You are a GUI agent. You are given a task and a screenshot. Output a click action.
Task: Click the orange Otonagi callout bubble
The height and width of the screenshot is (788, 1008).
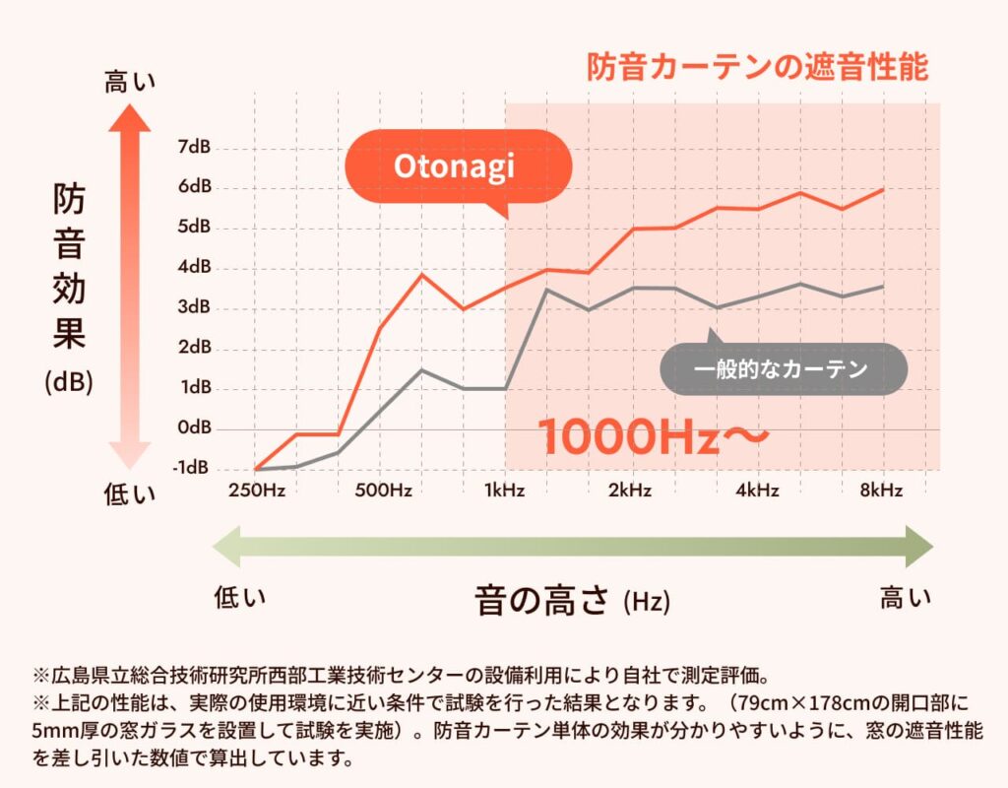pyautogui.click(x=455, y=166)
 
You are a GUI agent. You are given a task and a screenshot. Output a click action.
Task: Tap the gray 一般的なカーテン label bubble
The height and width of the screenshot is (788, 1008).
pyautogui.click(x=781, y=370)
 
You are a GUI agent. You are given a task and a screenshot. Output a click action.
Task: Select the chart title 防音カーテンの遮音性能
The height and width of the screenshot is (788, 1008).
pyautogui.click(x=757, y=67)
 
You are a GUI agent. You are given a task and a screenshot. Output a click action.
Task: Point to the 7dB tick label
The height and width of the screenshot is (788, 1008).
pyautogui.click(x=194, y=148)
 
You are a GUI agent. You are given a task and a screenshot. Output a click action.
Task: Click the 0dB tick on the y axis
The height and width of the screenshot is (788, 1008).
pyautogui.click(x=194, y=427)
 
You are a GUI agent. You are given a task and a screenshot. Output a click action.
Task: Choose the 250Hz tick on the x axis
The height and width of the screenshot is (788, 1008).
pyautogui.click(x=256, y=491)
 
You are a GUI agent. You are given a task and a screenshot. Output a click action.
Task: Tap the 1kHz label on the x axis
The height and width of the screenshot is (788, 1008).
pyautogui.click(x=505, y=491)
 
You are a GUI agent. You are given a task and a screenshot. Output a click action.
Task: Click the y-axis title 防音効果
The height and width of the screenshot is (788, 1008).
pyautogui.click(x=69, y=266)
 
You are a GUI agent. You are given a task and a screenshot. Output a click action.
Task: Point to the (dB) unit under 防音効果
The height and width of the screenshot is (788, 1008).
pyautogui.click(x=69, y=382)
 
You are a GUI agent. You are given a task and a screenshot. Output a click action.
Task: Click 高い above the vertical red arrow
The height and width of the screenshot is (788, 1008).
pyautogui.click(x=130, y=83)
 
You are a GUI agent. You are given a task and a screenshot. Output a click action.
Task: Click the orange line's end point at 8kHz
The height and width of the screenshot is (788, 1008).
pyautogui.click(x=883, y=188)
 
